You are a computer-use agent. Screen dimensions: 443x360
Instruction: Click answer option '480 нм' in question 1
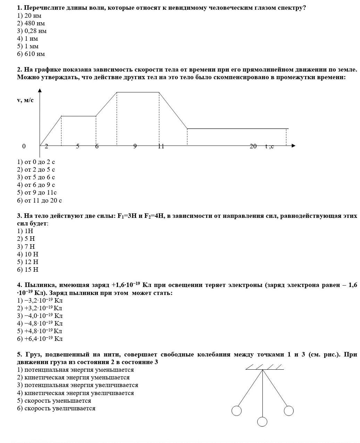(x=31, y=23)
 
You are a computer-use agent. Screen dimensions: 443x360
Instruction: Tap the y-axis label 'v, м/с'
(x=25, y=100)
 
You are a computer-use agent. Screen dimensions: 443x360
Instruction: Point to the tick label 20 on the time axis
(x=253, y=146)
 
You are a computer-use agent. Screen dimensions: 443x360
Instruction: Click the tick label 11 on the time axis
(x=161, y=146)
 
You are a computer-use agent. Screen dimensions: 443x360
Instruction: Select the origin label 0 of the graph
(x=24, y=146)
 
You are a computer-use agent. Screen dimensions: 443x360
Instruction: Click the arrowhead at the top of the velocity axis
(x=40, y=91)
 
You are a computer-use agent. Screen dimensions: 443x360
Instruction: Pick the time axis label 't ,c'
(x=270, y=146)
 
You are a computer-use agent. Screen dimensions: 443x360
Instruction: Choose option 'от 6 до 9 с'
(x=36, y=185)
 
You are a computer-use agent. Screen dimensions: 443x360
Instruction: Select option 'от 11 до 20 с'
(x=40, y=200)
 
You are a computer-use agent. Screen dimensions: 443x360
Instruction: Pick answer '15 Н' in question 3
(x=28, y=270)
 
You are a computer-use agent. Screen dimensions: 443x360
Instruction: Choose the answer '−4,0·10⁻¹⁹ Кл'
(x=40, y=315)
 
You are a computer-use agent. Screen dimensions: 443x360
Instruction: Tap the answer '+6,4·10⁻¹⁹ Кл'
(x=40, y=338)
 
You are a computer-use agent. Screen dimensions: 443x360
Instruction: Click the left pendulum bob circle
(x=236, y=411)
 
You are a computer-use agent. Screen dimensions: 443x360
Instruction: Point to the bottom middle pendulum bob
(x=262, y=422)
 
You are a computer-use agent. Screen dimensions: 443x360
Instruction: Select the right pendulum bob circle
(x=289, y=411)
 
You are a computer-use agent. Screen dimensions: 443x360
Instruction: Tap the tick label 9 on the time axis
(x=135, y=146)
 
